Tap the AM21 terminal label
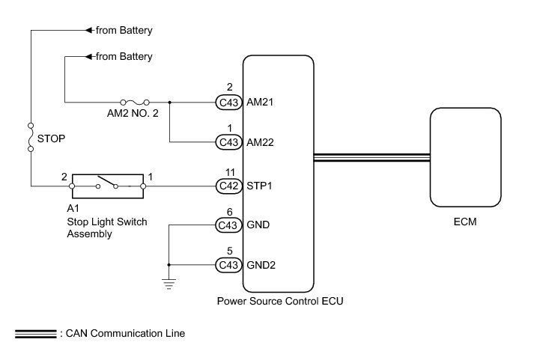click(260, 102)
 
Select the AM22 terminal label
click(260, 142)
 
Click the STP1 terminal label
click(259, 186)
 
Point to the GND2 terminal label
click(261, 265)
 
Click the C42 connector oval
click(229, 186)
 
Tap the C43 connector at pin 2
click(229, 102)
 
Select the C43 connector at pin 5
click(229, 265)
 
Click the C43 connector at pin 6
click(229, 225)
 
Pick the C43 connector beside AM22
click(229, 142)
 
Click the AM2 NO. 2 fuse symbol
click(135, 102)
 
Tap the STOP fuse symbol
click(31, 137)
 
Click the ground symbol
click(169, 284)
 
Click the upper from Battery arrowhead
click(89, 30)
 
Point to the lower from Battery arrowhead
click(89, 56)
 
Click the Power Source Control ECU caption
click(280, 301)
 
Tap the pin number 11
click(230, 172)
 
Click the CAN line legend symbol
click(36, 334)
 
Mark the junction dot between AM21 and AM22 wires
click(169, 102)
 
